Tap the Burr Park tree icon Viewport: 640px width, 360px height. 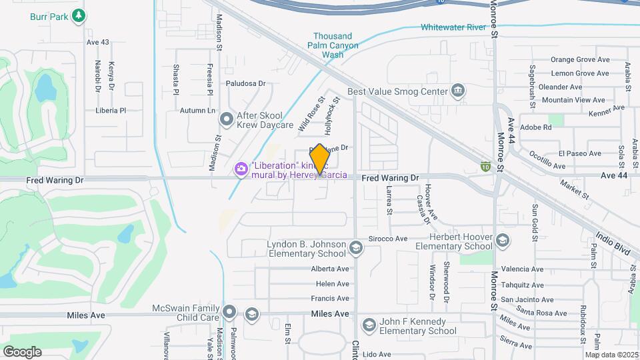79,14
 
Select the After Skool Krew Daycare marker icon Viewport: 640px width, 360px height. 227,119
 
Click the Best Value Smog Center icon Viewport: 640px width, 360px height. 458,90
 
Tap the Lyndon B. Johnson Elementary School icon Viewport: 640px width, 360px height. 356,249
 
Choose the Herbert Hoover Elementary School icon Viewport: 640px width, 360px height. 502,240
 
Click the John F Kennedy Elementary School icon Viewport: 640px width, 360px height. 369,325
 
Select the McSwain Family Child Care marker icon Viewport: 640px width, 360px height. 230,311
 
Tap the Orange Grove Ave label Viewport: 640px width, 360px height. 580,59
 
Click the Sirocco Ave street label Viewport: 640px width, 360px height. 387,238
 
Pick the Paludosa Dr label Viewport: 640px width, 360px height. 245,84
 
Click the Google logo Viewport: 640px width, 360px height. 22,351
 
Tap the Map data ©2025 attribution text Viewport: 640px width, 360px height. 611,355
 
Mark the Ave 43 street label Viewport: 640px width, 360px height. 97,42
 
